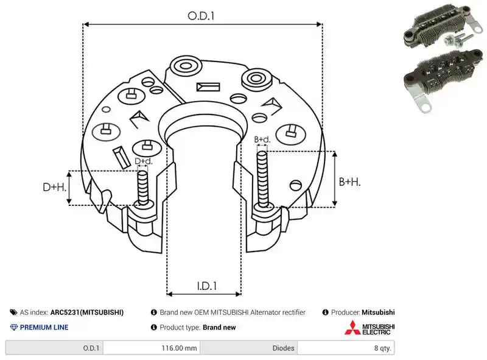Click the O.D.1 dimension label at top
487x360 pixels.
[201, 16]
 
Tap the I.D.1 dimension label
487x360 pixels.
[207, 286]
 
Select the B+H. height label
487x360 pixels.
[349, 182]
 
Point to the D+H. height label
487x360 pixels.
[55, 187]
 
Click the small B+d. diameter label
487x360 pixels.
[262, 139]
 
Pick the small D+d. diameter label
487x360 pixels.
[144, 161]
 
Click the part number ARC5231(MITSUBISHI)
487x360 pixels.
[87, 312]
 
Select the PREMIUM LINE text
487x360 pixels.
[44, 327]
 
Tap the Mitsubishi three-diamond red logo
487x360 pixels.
[352, 328]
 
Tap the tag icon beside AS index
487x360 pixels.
[13, 312]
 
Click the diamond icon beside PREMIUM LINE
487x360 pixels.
[14, 327]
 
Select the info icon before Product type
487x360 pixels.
[154, 327]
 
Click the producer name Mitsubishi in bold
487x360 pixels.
[378, 312]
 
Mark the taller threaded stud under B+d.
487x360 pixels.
[262, 180]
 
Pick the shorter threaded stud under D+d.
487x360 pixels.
[143, 188]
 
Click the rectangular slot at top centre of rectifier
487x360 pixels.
[208, 86]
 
